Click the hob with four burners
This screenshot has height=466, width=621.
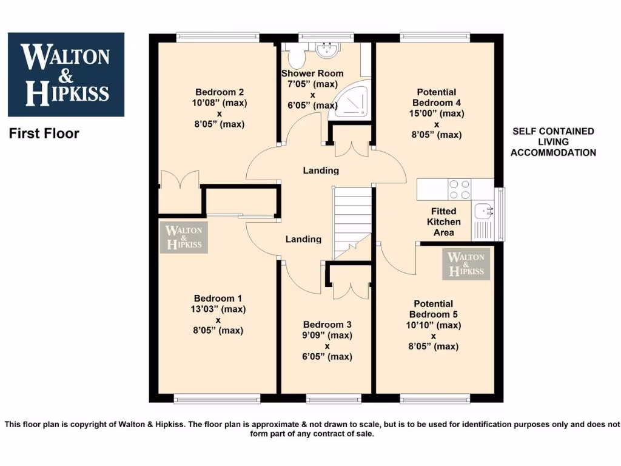(x=459, y=189)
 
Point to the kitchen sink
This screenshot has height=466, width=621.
(x=485, y=212)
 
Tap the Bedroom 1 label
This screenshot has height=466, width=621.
(x=218, y=298)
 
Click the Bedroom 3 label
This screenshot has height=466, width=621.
(x=327, y=324)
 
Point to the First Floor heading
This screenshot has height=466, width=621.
(x=44, y=133)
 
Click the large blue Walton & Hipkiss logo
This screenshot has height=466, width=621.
(x=65, y=75)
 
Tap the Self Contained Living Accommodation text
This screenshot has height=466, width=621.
(x=553, y=142)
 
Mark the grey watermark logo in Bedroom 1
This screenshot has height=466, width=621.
(x=184, y=237)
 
